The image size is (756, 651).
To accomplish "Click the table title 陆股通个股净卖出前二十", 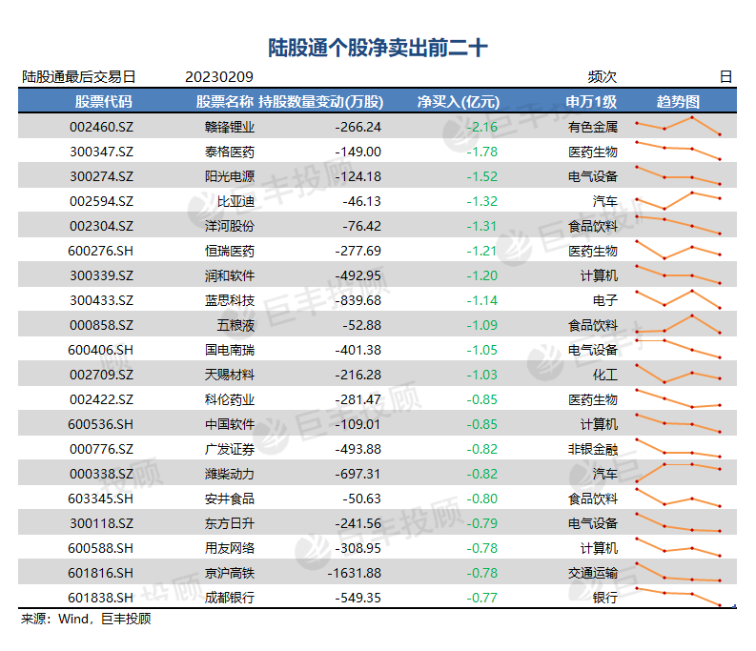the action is [378, 48].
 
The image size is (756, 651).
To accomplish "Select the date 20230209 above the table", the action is [219, 76].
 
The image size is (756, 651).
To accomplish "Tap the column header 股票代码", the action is [103, 102].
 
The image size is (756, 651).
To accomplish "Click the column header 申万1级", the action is [591, 102].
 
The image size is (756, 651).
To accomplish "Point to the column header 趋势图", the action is [678, 102].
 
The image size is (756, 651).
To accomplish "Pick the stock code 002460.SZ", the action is [101, 127].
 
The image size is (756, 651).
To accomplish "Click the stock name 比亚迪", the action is [235, 201].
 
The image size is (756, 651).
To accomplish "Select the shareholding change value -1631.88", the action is [355, 573].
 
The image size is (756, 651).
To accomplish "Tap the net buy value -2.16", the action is [482, 127].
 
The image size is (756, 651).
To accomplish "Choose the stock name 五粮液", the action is [235, 325].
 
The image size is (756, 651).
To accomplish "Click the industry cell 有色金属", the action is [593, 127].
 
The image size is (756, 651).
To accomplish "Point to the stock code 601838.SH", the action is [100, 598].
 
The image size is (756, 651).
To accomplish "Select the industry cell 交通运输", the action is [593, 573].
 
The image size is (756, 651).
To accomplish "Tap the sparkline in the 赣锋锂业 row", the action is [679, 127].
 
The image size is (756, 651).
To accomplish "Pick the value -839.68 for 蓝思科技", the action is [358, 300].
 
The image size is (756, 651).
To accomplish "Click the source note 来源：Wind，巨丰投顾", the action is [86, 619].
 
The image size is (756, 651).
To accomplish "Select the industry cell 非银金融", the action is [593, 449].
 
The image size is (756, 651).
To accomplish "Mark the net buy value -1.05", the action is [482, 350].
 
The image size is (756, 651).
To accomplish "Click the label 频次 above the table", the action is [603, 76].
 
